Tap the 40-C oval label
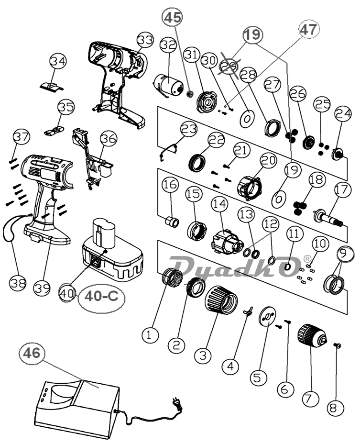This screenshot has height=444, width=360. point(101,296)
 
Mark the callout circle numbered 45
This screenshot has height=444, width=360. point(173,18)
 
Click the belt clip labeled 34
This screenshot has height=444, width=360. point(53,86)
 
